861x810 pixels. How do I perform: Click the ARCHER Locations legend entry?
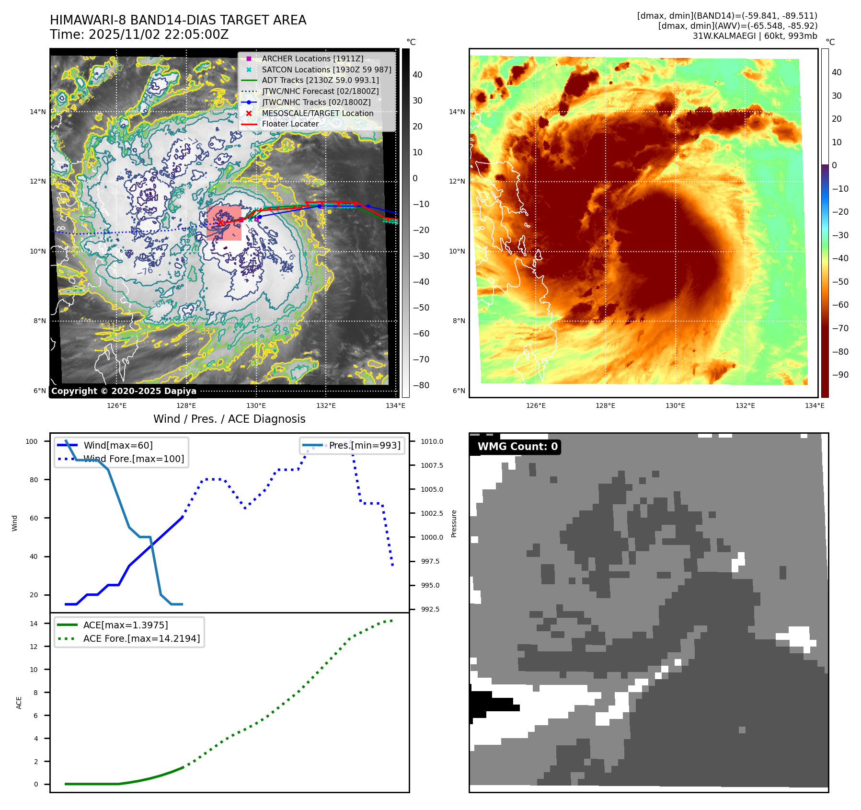312,58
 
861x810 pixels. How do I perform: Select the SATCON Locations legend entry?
326,69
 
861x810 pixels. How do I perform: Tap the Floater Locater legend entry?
290,124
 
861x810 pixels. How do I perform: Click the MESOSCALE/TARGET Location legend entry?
317,113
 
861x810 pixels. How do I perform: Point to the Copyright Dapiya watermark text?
124,391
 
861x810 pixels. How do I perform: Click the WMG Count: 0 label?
517,447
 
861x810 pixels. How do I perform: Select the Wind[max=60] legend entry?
118,445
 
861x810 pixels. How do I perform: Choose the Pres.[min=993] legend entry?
364,445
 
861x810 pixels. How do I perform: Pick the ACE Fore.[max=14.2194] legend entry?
141,638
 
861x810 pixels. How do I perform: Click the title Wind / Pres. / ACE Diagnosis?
229,419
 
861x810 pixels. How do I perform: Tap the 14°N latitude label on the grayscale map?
38,112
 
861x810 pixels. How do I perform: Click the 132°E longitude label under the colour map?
745,405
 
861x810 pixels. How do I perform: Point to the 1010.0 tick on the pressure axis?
432,441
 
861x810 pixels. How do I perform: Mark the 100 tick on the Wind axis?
32,441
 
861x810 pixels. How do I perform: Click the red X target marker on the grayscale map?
220,223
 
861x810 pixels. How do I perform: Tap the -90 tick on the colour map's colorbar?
840,375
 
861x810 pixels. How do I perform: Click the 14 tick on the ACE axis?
34,624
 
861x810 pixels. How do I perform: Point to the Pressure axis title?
454,523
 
